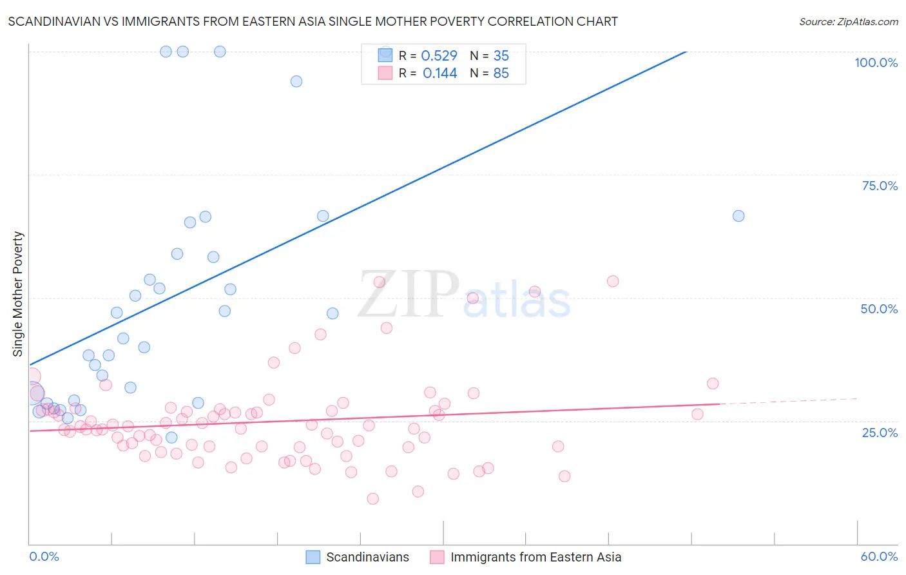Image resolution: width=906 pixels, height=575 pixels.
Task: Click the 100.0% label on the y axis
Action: [x=876, y=63]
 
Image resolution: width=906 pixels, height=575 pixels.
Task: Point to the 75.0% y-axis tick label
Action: [x=880, y=186]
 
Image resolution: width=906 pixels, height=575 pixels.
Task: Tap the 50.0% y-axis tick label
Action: [x=879, y=309]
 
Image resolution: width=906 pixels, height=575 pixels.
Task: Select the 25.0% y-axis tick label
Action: [x=880, y=433]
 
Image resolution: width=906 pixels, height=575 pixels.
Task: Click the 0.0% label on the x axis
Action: [x=44, y=556]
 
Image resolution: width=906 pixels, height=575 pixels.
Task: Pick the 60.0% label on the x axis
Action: [x=879, y=556]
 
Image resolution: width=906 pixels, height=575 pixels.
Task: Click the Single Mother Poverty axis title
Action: [x=18, y=294]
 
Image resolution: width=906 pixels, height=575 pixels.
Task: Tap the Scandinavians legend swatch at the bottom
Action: [x=313, y=557]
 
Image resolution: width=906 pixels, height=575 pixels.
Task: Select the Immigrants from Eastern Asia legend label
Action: [x=535, y=557]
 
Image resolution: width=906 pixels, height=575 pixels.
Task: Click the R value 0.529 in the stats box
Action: [x=439, y=56]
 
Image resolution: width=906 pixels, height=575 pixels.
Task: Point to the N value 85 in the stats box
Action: [x=501, y=73]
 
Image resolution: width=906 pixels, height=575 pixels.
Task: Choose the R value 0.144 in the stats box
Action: [x=439, y=73]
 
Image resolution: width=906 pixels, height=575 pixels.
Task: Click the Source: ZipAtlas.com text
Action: [x=848, y=22]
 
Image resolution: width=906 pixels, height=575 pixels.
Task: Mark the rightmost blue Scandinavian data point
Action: [x=738, y=216]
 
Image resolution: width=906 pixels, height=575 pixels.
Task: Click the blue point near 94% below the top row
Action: [x=296, y=81]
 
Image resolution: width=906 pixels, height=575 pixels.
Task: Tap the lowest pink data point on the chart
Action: [x=372, y=498]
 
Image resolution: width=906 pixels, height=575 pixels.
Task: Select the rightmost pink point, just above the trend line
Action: [x=713, y=384]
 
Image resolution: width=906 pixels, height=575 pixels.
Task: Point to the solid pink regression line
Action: [x=387, y=417]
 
